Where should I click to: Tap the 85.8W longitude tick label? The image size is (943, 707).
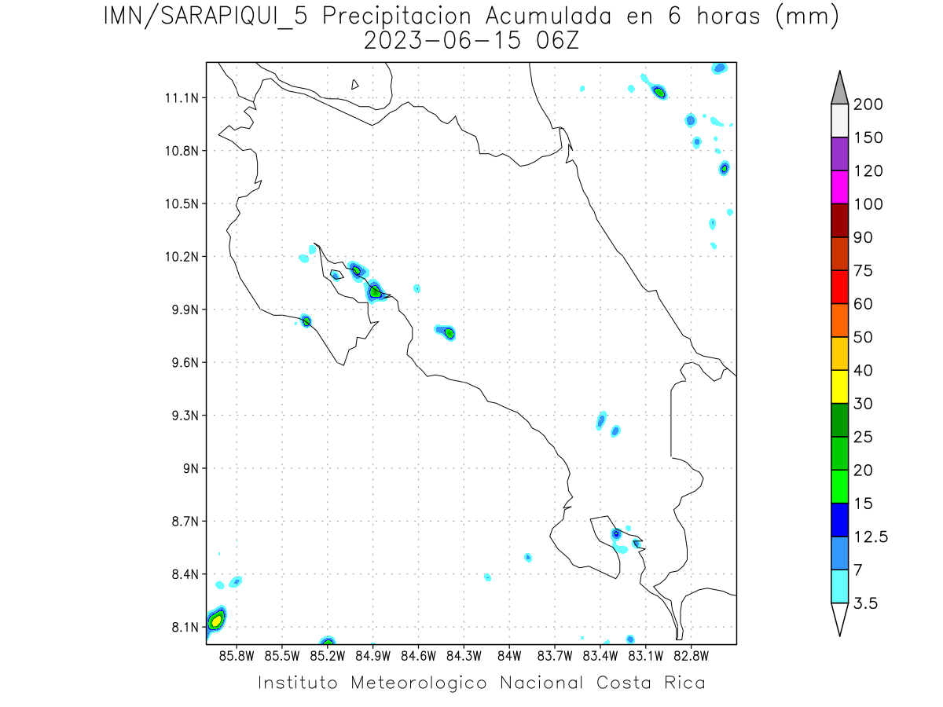coord(237,654)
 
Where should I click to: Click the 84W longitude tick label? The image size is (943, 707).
coord(509,654)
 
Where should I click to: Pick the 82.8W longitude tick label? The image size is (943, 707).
coord(691,654)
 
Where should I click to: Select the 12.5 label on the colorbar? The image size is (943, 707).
coord(871,537)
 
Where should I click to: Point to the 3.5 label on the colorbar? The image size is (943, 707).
coord(866,603)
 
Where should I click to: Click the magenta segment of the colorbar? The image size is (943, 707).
coord(838,187)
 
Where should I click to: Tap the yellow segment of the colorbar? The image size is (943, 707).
coord(838,386)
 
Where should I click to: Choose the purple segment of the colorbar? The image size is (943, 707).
coord(838,154)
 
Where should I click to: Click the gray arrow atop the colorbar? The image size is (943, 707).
coord(838,87)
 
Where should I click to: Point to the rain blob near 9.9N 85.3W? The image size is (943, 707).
coord(306,321)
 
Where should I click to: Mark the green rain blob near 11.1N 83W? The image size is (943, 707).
coord(659,92)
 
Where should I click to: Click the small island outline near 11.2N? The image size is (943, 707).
coord(355,84)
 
